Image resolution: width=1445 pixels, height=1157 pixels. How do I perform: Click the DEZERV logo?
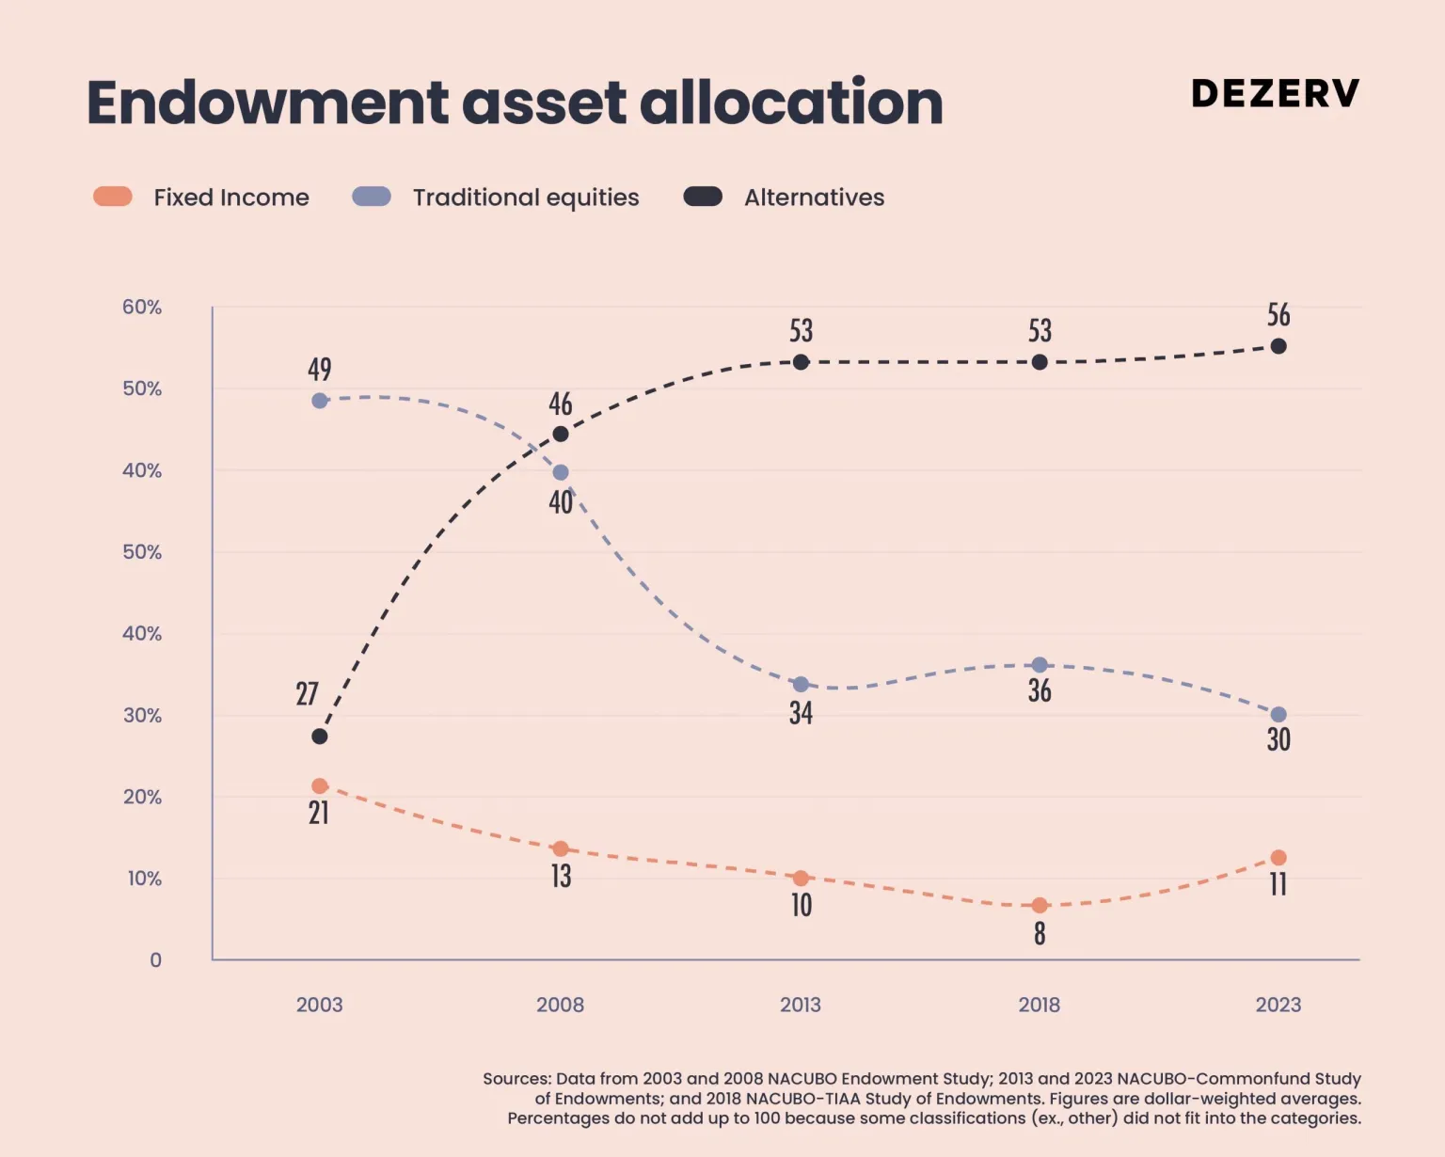[x=1275, y=93]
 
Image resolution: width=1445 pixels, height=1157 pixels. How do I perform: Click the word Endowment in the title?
[x=268, y=103]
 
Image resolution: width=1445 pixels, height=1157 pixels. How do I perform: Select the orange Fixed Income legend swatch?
[x=113, y=197]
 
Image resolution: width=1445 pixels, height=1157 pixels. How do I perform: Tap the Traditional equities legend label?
[x=526, y=198]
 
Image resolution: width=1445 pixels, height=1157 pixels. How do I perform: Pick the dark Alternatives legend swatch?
[x=703, y=197]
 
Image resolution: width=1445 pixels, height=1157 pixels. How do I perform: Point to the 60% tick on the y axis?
[x=142, y=307]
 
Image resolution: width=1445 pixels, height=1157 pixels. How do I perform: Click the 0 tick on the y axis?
[x=156, y=959]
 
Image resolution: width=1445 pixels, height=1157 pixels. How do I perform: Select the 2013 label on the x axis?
[x=800, y=1005]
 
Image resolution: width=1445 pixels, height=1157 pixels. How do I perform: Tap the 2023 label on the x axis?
[x=1278, y=1005]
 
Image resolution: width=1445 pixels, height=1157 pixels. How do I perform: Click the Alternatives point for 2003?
[x=320, y=736]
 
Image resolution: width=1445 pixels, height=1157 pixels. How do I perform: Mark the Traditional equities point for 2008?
[x=561, y=472]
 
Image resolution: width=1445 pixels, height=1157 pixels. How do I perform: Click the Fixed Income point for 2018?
[x=1040, y=905]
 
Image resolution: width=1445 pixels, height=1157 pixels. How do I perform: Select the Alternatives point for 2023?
[x=1278, y=346]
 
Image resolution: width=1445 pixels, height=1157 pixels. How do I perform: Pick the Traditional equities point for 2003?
[x=320, y=401]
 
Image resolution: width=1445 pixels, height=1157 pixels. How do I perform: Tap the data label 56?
[x=1278, y=315]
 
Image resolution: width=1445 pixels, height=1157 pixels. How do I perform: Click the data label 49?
[x=320, y=369]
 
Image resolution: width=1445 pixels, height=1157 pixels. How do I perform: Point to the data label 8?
[x=1040, y=933]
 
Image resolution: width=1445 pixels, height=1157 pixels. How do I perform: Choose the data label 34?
[x=801, y=713]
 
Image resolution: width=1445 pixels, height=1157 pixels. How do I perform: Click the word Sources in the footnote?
[x=516, y=1079]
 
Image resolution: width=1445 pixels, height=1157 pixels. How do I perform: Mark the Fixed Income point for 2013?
[x=801, y=878]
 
